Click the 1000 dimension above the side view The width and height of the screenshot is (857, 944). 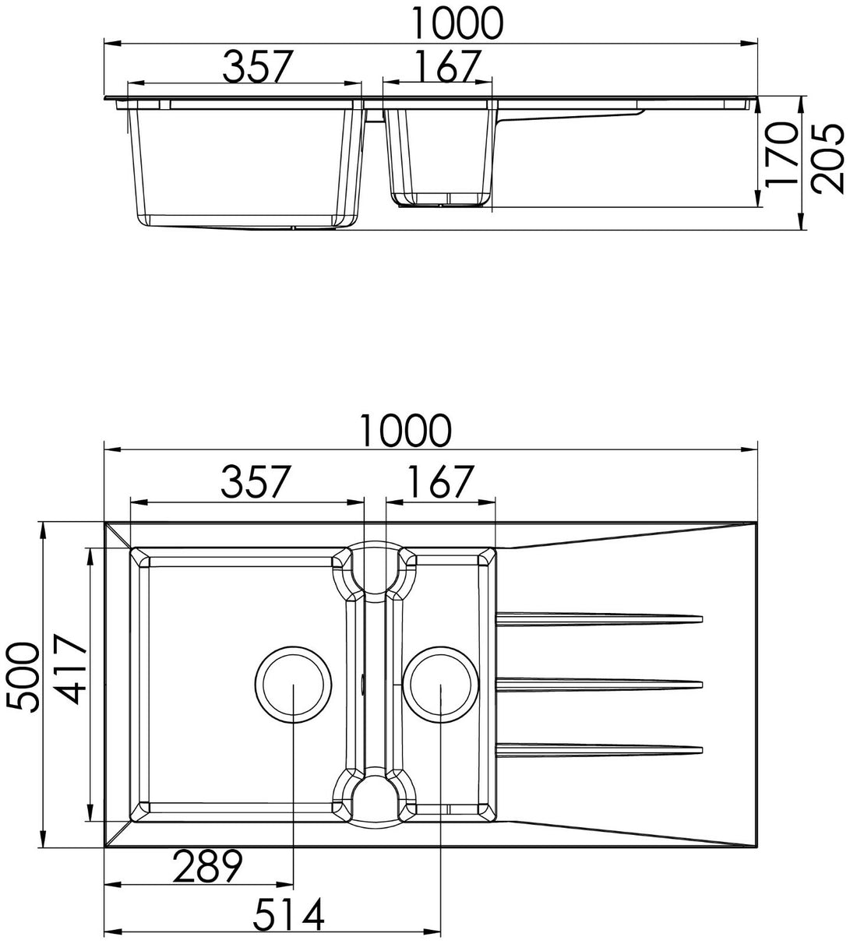click(x=457, y=23)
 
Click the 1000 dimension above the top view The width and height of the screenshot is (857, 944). click(x=405, y=430)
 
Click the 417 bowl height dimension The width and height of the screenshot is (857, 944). click(x=71, y=670)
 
